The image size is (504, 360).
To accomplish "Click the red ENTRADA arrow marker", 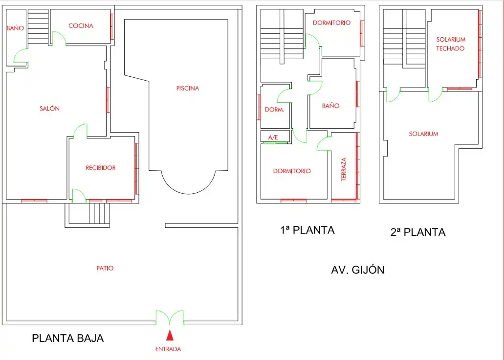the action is (x=170, y=336).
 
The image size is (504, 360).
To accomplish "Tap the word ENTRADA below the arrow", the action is (x=168, y=349).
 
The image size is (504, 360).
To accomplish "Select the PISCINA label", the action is (x=188, y=88).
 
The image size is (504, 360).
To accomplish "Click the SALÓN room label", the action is (x=49, y=109).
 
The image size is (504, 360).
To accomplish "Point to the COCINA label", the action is (x=81, y=26).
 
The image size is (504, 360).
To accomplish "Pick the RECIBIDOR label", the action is (x=101, y=168).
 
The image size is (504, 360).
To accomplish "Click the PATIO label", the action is (x=105, y=268).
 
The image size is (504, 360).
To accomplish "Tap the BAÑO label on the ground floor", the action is (x=15, y=28).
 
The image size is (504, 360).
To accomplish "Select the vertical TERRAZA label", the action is (x=344, y=169).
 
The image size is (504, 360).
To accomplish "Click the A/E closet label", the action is (x=273, y=137).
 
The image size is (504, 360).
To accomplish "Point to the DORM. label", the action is (x=275, y=110).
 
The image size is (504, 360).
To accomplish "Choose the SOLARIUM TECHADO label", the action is (x=450, y=44).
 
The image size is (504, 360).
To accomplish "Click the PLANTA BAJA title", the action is (x=68, y=338).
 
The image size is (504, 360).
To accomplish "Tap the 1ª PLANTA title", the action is (x=307, y=230).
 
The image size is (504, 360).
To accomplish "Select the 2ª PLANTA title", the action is (x=418, y=232).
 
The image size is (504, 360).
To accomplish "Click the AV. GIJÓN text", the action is (x=358, y=270).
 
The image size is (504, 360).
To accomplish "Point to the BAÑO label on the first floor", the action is (x=331, y=106).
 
